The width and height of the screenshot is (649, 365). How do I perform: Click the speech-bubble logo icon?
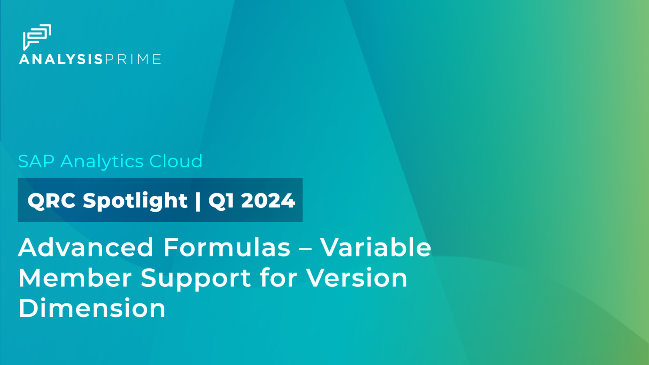pos(37,36)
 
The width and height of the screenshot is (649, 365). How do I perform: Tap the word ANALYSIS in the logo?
pos(61,59)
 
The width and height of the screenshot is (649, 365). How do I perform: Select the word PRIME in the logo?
pos(133,59)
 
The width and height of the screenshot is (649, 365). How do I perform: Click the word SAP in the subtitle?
pos(36,161)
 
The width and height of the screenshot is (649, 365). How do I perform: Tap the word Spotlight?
pos(135,200)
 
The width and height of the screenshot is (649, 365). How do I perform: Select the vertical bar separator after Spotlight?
pos(198,200)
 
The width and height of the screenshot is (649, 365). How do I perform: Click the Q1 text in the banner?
pos(221,200)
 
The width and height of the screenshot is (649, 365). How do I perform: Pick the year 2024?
pos(268,200)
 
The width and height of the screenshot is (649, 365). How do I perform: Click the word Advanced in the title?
pos(86,247)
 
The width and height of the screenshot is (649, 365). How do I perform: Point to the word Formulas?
pos(227,247)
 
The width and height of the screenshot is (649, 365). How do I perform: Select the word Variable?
pos(376,247)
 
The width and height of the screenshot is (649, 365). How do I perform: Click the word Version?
pos(357,278)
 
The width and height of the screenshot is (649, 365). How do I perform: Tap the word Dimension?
pos(92,308)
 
